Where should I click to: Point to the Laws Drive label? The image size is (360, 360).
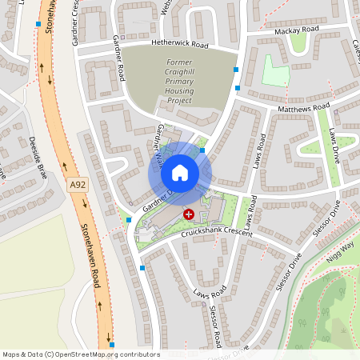pos(334,145)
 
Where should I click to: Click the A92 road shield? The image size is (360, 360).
pos(77,185)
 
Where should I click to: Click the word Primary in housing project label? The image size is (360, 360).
pos(181,81)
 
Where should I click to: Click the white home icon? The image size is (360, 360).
pos(180,173)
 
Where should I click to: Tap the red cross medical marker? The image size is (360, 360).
pos(189,214)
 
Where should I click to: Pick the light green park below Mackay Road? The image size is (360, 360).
pos(274,73)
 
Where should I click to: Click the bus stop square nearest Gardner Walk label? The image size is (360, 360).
pos(202,150)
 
